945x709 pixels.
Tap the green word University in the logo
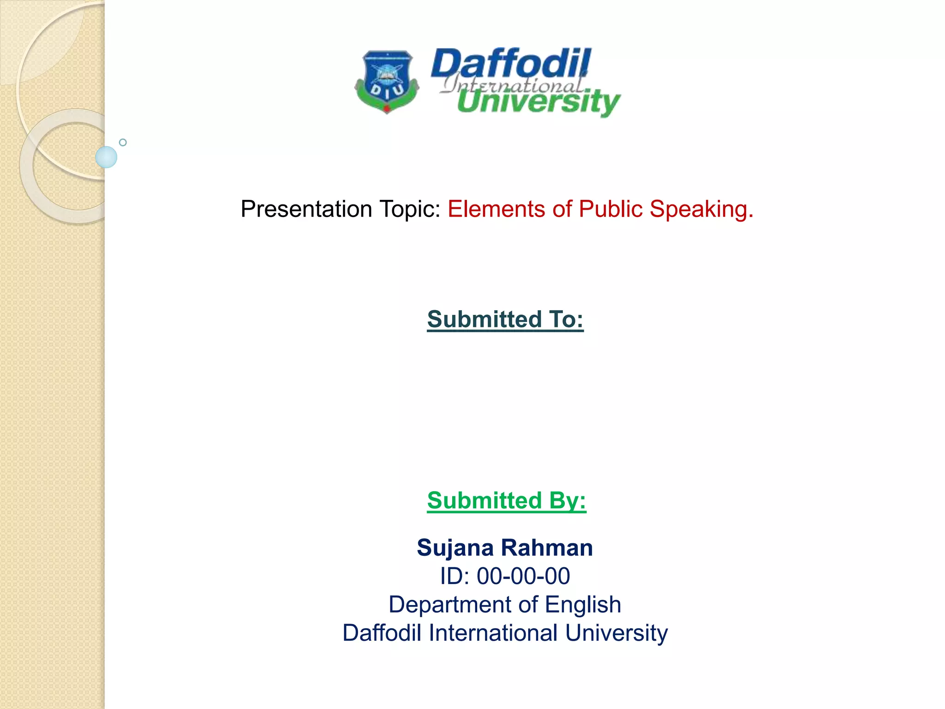point(538,102)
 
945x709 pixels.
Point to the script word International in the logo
point(512,85)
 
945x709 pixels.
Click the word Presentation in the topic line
point(306,209)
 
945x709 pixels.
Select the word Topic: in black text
point(410,209)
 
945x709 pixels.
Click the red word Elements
point(496,209)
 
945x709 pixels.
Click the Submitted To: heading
point(505,319)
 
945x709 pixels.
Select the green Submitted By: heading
point(506,501)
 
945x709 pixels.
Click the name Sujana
point(455,548)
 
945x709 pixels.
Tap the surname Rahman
point(547,548)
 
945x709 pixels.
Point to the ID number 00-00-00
point(523,577)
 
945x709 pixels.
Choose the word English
point(583,605)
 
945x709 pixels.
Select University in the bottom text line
point(616,633)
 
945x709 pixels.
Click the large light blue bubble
point(106,157)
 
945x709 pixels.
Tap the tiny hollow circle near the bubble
point(123,143)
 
